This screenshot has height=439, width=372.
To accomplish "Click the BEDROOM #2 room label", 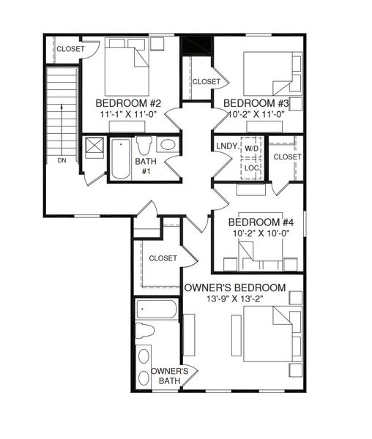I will [x=128, y=103].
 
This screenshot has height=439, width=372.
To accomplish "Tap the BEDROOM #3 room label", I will [x=256, y=102].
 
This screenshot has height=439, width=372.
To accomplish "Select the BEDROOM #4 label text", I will [x=261, y=222].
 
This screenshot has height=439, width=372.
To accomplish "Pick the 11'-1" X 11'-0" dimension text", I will [x=129, y=115].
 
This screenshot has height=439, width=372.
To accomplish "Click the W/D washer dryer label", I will [x=252, y=149].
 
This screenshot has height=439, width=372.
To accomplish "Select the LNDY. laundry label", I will [x=226, y=147].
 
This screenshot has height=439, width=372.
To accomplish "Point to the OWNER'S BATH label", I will [x=171, y=375].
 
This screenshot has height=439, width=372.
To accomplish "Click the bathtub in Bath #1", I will [x=119, y=158].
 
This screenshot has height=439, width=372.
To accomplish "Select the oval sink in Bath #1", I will [x=168, y=144].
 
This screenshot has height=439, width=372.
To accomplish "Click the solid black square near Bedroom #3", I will [x=196, y=45].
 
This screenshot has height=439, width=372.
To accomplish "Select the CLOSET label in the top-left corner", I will [x=70, y=49].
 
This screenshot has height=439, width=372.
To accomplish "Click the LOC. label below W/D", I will [x=252, y=168].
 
